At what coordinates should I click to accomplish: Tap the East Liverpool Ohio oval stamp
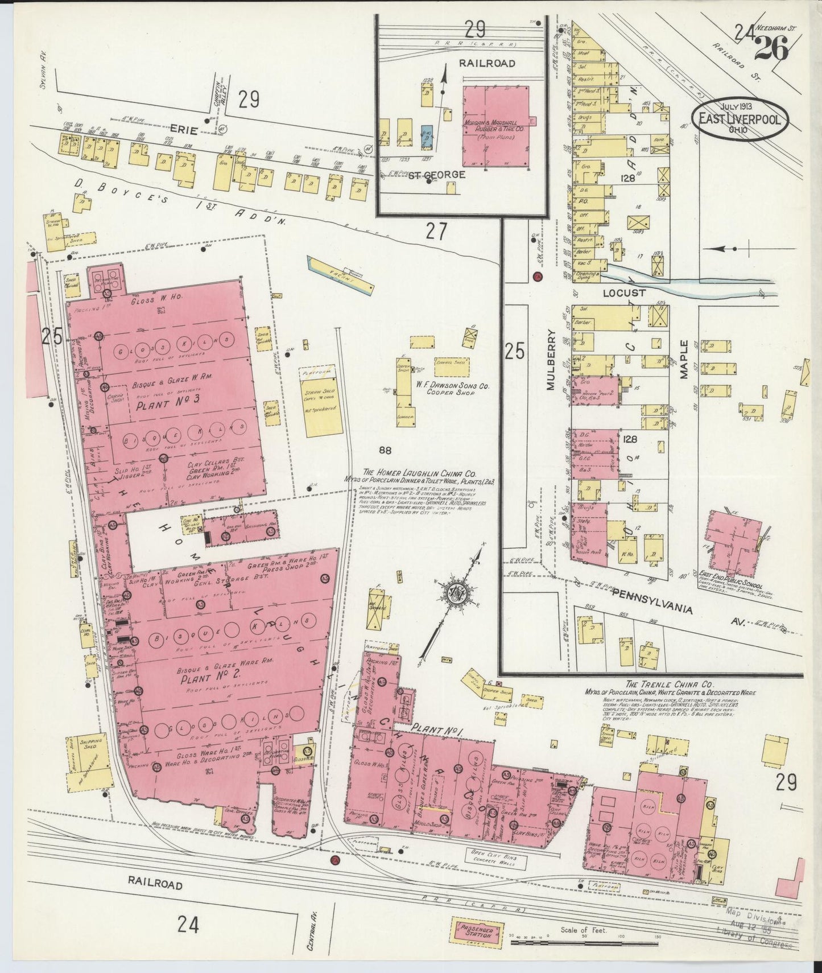tap(740, 119)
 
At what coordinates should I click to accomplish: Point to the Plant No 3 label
tap(160, 406)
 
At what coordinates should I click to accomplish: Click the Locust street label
tap(625, 292)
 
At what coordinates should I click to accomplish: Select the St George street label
tap(437, 174)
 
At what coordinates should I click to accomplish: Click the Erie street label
tap(183, 130)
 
